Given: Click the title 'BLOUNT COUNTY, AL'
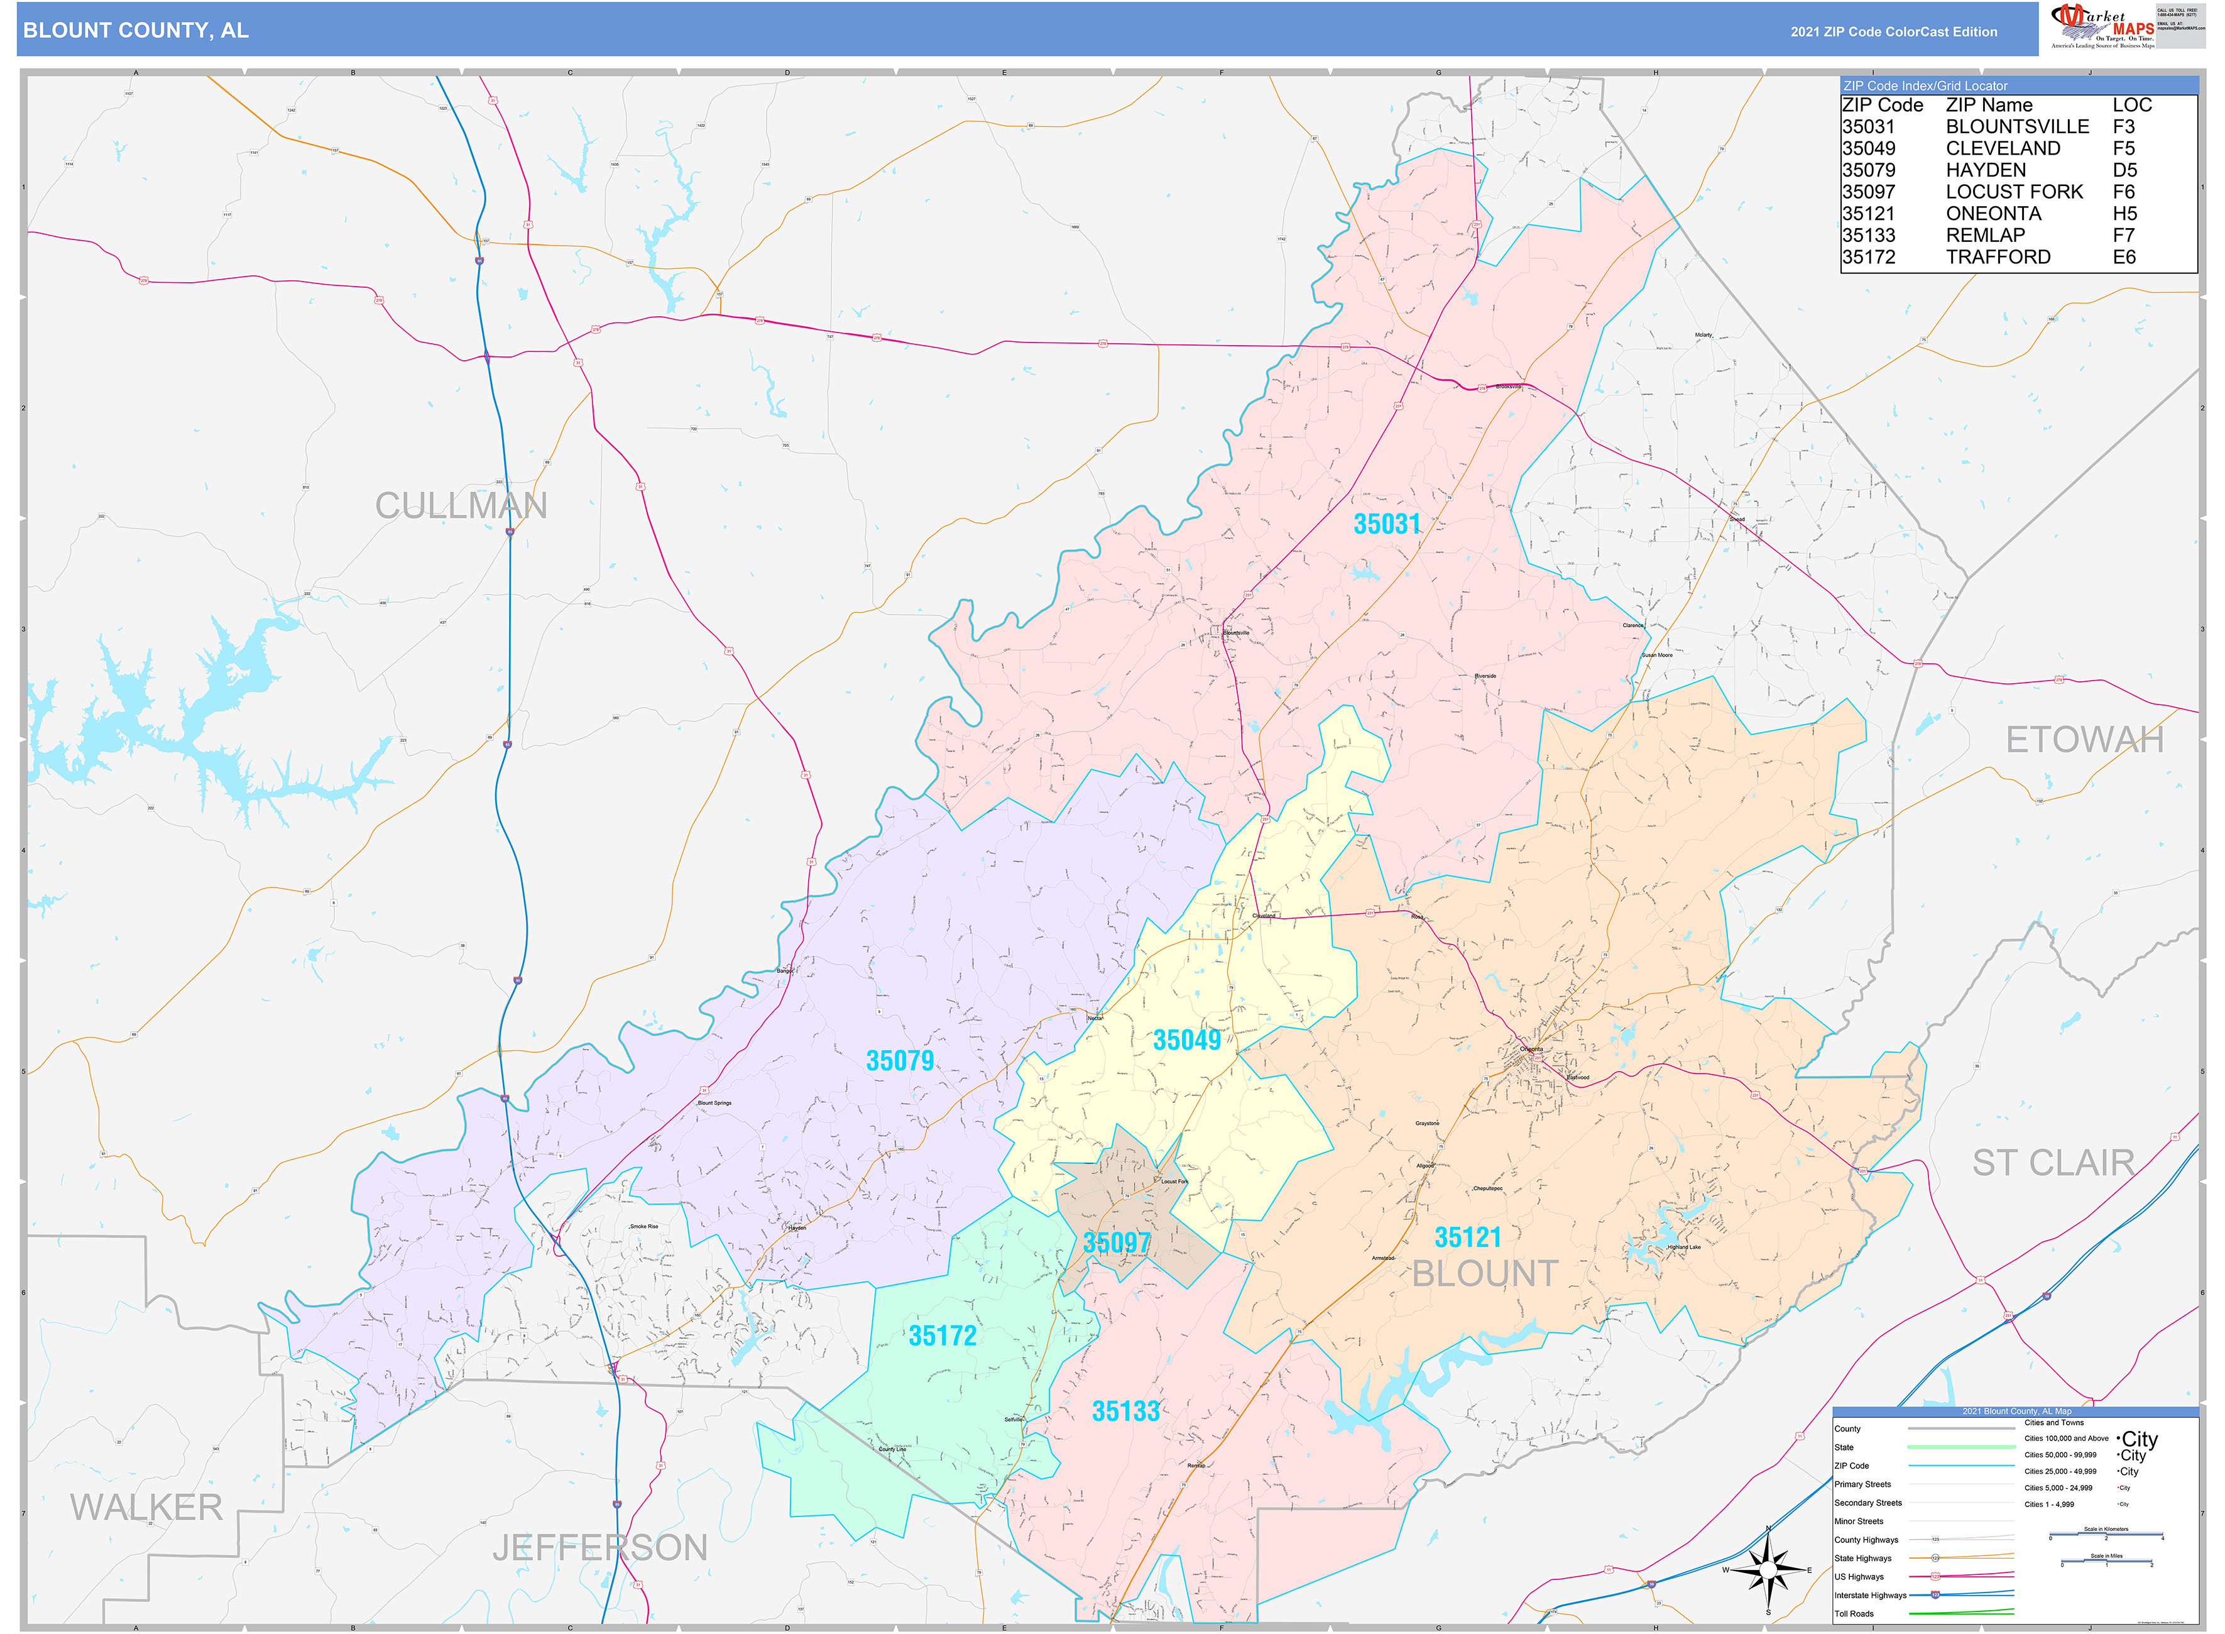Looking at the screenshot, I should [x=136, y=31].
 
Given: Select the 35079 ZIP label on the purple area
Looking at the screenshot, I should [x=899, y=1061].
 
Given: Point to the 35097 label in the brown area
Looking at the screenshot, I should [x=1115, y=1243].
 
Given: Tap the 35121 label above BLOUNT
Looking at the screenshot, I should [x=1467, y=1237].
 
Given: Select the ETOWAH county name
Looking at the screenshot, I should [x=2084, y=740].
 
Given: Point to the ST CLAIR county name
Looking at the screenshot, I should [x=2052, y=1163].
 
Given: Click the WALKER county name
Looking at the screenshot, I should [x=146, y=1508].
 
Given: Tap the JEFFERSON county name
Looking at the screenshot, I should [x=599, y=1548].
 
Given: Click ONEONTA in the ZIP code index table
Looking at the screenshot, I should [x=1992, y=214].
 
